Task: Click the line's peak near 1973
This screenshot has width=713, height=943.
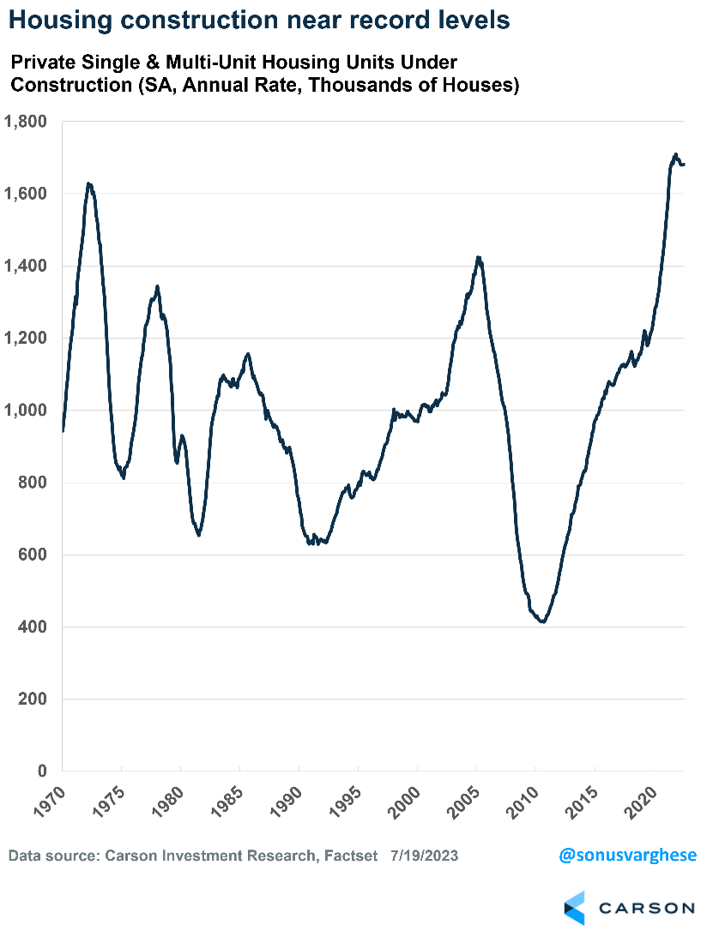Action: click(x=89, y=183)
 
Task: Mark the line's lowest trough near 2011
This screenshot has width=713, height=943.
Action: click(x=542, y=622)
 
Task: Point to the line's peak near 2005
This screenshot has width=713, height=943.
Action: click(x=479, y=257)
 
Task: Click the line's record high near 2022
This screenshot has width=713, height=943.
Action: click(x=675, y=155)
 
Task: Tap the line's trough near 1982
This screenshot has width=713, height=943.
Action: click(x=199, y=535)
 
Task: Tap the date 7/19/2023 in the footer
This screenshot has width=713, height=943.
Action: click(x=424, y=856)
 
